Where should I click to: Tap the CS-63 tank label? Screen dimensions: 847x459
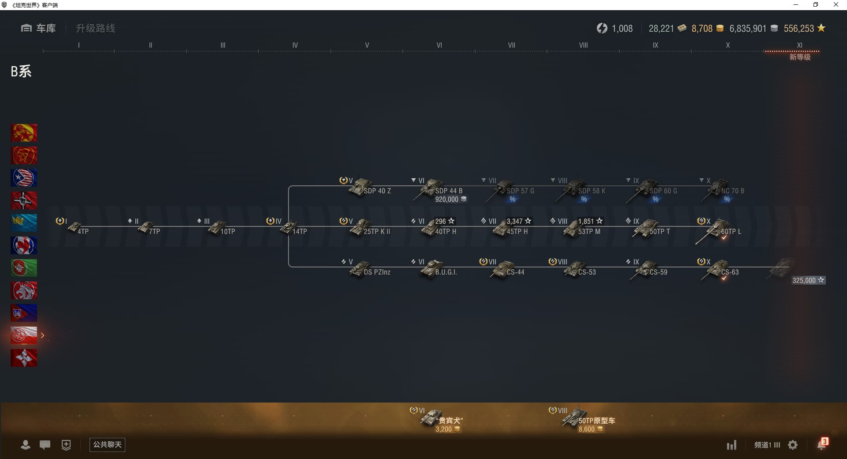[x=730, y=272]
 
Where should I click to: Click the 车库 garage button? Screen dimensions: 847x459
[x=38, y=28]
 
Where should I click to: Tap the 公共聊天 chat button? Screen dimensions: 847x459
[x=107, y=444]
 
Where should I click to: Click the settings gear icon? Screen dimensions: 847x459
[x=793, y=445]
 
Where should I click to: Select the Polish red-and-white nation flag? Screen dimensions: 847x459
[x=24, y=335]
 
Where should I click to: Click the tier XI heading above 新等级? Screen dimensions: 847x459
[x=800, y=45]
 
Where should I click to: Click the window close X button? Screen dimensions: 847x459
[x=836, y=5]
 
